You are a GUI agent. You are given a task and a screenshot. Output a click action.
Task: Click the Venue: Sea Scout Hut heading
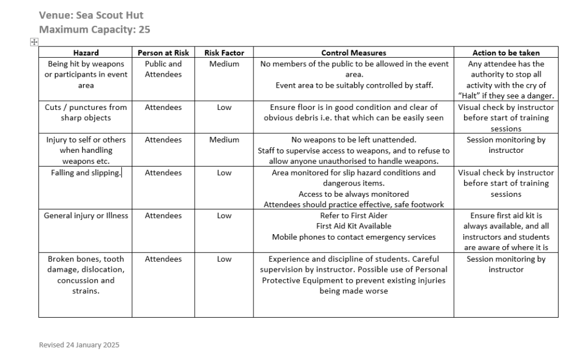91,15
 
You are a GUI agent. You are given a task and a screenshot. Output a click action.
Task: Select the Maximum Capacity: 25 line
94,29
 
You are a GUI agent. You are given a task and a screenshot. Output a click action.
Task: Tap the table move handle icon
34,42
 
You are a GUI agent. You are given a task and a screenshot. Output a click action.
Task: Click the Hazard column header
86,53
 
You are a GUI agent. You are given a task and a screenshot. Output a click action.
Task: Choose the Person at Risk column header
163,53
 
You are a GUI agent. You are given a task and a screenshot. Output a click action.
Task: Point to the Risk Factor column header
224,53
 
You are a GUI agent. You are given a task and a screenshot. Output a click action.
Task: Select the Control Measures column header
354,53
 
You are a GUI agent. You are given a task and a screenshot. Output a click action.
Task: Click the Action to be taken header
506,53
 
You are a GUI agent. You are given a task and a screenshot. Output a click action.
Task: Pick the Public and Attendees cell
163,69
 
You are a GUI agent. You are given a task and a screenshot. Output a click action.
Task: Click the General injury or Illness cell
86,215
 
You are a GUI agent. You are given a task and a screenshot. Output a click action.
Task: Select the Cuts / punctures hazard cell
86,112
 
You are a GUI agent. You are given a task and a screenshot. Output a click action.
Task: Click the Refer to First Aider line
354,215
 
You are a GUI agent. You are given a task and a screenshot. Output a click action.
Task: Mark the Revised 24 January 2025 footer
79,345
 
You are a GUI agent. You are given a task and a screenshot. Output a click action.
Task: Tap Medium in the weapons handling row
224,140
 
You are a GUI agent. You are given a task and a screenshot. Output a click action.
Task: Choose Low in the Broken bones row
224,259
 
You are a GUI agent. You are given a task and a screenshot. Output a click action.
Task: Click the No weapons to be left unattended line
354,140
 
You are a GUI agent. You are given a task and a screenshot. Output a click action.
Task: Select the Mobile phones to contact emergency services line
354,237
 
